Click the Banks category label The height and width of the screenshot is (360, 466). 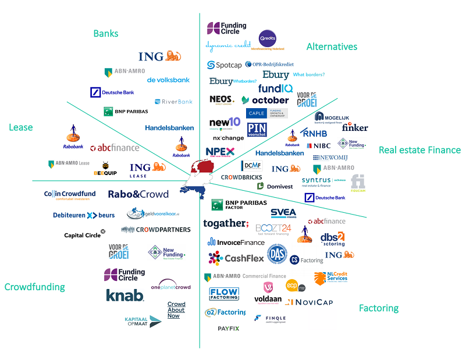[x=106, y=34]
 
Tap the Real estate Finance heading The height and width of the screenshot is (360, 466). [x=419, y=150]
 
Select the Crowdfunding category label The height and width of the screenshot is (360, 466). [x=34, y=287]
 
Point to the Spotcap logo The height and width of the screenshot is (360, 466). [x=225, y=65]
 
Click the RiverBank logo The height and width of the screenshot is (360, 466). [x=173, y=102]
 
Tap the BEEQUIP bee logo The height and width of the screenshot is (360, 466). [x=105, y=169]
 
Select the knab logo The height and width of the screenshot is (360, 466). [x=124, y=295]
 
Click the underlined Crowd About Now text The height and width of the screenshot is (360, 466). [x=176, y=310]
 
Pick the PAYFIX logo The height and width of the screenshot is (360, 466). [x=229, y=329]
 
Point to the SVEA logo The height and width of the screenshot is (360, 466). [x=283, y=213]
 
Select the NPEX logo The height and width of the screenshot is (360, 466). [x=220, y=152]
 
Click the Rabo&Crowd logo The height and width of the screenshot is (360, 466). [x=138, y=194]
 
